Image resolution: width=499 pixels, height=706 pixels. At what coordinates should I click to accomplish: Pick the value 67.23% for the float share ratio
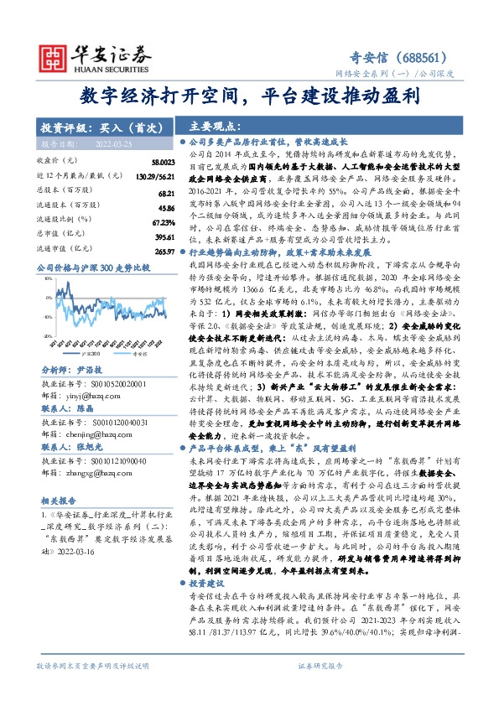164,222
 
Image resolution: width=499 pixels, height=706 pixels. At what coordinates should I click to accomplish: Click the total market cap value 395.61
164,237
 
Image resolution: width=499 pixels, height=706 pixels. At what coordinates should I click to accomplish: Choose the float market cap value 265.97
164,251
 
